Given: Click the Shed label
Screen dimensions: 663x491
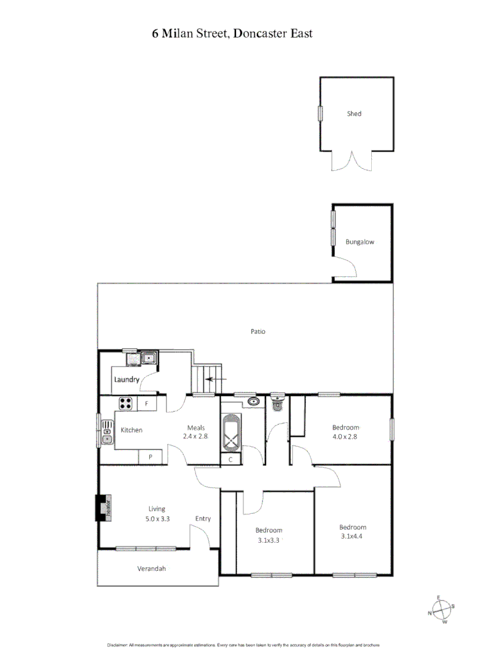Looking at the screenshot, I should tap(354, 114).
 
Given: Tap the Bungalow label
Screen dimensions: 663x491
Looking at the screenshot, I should tap(359, 242).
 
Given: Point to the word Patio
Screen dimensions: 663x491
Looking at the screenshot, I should tap(258, 331).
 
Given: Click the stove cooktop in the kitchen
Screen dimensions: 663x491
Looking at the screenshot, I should tap(126, 403).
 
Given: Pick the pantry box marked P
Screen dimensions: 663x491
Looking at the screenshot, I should tap(150, 457).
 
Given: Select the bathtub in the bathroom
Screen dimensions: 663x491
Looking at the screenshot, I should tap(231, 432).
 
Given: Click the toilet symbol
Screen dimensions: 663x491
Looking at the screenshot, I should tap(278, 403).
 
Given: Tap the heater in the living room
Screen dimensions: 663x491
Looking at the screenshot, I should tap(103, 508).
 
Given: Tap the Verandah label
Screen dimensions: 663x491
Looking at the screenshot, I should tap(151, 568).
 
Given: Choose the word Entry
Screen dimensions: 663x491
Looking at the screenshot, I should tap(203, 519).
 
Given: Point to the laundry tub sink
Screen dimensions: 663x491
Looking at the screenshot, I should tap(149, 359).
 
